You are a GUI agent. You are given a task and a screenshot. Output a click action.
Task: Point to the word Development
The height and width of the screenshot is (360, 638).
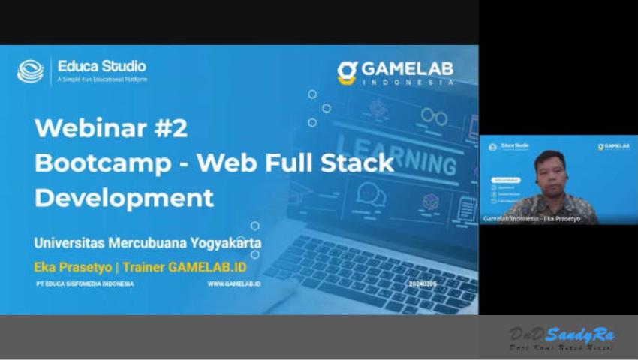(124, 198)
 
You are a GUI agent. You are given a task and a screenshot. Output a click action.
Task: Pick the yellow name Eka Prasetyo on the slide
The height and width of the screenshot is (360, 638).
(71, 265)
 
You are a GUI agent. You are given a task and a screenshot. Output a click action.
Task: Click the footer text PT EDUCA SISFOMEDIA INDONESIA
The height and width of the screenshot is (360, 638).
(84, 284)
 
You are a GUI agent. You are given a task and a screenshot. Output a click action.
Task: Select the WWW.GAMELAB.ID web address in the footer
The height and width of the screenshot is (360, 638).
(234, 284)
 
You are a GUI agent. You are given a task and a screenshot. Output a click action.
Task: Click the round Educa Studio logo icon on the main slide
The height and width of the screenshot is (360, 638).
(31, 70)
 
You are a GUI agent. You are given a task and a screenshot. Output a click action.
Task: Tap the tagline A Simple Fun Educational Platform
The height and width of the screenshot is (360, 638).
(102, 79)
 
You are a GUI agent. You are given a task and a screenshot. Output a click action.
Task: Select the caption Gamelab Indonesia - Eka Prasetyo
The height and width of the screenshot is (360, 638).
(530, 218)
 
